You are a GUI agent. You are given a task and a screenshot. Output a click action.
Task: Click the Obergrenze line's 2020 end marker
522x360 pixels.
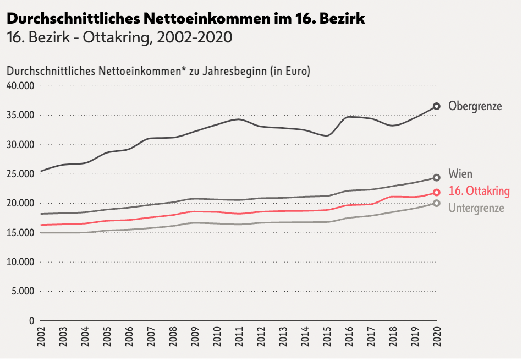pyautogui.click(x=436, y=106)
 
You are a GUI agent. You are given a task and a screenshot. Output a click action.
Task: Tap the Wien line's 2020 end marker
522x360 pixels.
pyautogui.click(x=436, y=178)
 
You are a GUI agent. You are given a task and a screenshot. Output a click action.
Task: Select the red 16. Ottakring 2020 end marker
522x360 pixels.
pyautogui.click(x=436, y=193)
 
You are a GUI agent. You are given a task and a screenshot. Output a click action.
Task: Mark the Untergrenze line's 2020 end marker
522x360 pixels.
pyautogui.click(x=436, y=204)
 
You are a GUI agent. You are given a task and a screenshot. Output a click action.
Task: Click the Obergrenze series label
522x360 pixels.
pyautogui.click(x=475, y=106)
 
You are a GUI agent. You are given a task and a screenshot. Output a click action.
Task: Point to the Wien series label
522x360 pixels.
pyautogui.click(x=460, y=174)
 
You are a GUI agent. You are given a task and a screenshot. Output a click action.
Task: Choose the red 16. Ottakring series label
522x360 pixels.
pyautogui.click(x=479, y=191)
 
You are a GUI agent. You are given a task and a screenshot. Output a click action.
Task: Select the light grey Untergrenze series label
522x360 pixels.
pyautogui.click(x=476, y=208)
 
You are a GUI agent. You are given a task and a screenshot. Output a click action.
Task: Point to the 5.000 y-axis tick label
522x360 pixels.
pyautogui.click(x=23, y=291)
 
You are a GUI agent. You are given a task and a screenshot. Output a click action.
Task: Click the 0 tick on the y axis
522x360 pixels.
pyautogui.click(x=32, y=320)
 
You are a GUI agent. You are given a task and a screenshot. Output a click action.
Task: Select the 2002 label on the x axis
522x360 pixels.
pyautogui.click(x=41, y=337)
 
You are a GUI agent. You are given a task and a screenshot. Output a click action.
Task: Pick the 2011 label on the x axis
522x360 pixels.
pyautogui.click(x=239, y=337)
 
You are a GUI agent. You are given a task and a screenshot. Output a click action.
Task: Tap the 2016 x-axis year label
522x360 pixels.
pyautogui.click(x=349, y=337)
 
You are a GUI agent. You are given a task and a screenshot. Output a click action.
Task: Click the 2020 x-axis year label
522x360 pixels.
pyautogui.click(x=436, y=337)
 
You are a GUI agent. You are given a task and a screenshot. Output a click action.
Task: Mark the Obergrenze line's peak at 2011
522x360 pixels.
pyautogui.click(x=238, y=119)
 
